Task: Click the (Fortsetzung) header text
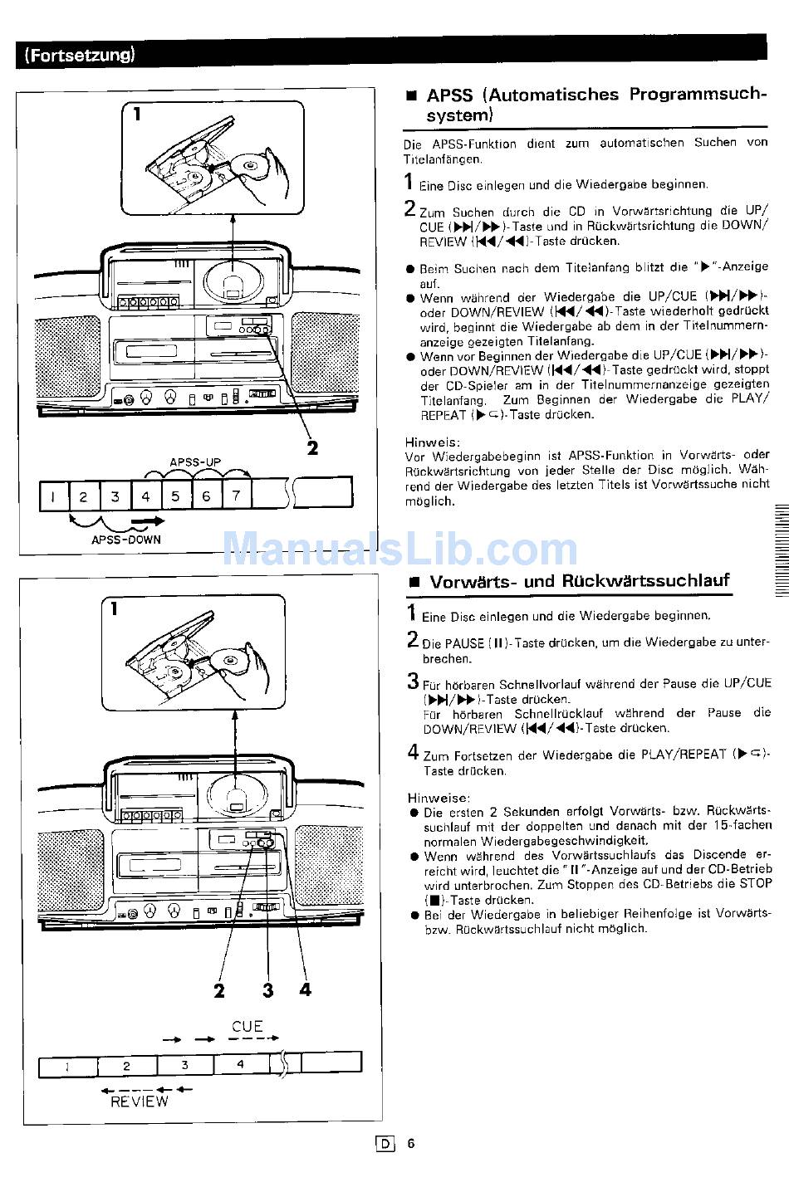pos(79,56)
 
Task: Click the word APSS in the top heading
pos(449,95)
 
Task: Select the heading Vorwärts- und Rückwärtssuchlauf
pos(579,581)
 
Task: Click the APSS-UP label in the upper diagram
pos(195,462)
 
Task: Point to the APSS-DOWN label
pos(126,539)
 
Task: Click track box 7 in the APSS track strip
pos(236,496)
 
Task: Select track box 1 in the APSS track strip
pos(53,496)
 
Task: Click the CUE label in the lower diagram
pos(247,1027)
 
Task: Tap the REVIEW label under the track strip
pos(140,1102)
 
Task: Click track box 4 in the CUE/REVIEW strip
pos(241,1064)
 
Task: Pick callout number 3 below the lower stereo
pos(267,989)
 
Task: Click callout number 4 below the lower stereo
pos(305,989)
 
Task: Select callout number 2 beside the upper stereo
pos(312,448)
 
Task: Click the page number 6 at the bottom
pos(410,1143)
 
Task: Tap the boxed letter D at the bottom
pos(385,1144)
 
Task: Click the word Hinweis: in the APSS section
pos(432,442)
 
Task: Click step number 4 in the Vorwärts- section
pos(413,752)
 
